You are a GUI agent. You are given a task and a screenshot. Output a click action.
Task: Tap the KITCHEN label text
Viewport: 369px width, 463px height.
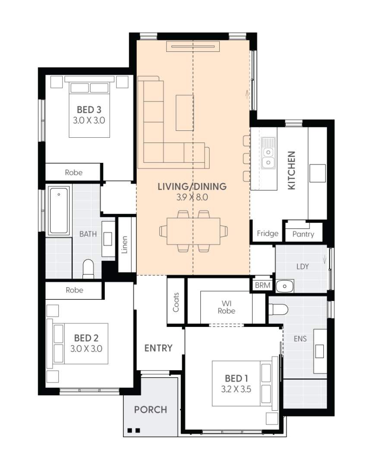[x=292, y=170]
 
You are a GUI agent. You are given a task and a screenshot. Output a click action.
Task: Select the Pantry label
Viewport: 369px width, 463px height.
[x=303, y=235]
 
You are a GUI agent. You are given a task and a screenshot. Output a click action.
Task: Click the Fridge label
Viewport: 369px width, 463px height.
[x=267, y=234]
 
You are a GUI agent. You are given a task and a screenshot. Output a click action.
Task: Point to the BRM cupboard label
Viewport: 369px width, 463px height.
[x=262, y=286]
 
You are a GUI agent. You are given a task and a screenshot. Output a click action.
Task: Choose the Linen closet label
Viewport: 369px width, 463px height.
[x=125, y=244]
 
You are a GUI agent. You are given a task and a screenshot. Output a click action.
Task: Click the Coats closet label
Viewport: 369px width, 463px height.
[x=176, y=302]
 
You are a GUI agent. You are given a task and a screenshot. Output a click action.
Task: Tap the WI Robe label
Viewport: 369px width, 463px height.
[x=226, y=307]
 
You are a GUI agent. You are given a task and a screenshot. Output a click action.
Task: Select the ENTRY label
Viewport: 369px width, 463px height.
[x=158, y=348]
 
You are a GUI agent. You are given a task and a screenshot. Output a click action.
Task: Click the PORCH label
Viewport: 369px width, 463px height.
[x=150, y=409]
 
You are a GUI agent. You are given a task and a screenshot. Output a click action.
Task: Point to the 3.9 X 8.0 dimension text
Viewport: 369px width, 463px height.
[x=192, y=198]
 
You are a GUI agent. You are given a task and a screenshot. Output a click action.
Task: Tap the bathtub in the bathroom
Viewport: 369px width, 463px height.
[x=59, y=211]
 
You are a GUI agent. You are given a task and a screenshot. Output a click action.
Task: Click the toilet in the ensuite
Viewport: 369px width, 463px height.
[x=278, y=310]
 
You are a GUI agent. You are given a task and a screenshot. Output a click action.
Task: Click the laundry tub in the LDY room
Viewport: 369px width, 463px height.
[x=284, y=286]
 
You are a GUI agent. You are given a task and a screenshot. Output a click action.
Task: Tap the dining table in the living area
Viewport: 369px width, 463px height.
[x=193, y=231]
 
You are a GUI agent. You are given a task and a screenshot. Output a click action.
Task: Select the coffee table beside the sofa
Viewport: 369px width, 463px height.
[x=185, y=112]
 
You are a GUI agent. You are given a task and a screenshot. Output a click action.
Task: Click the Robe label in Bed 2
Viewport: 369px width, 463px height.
[x=74, y=290]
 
